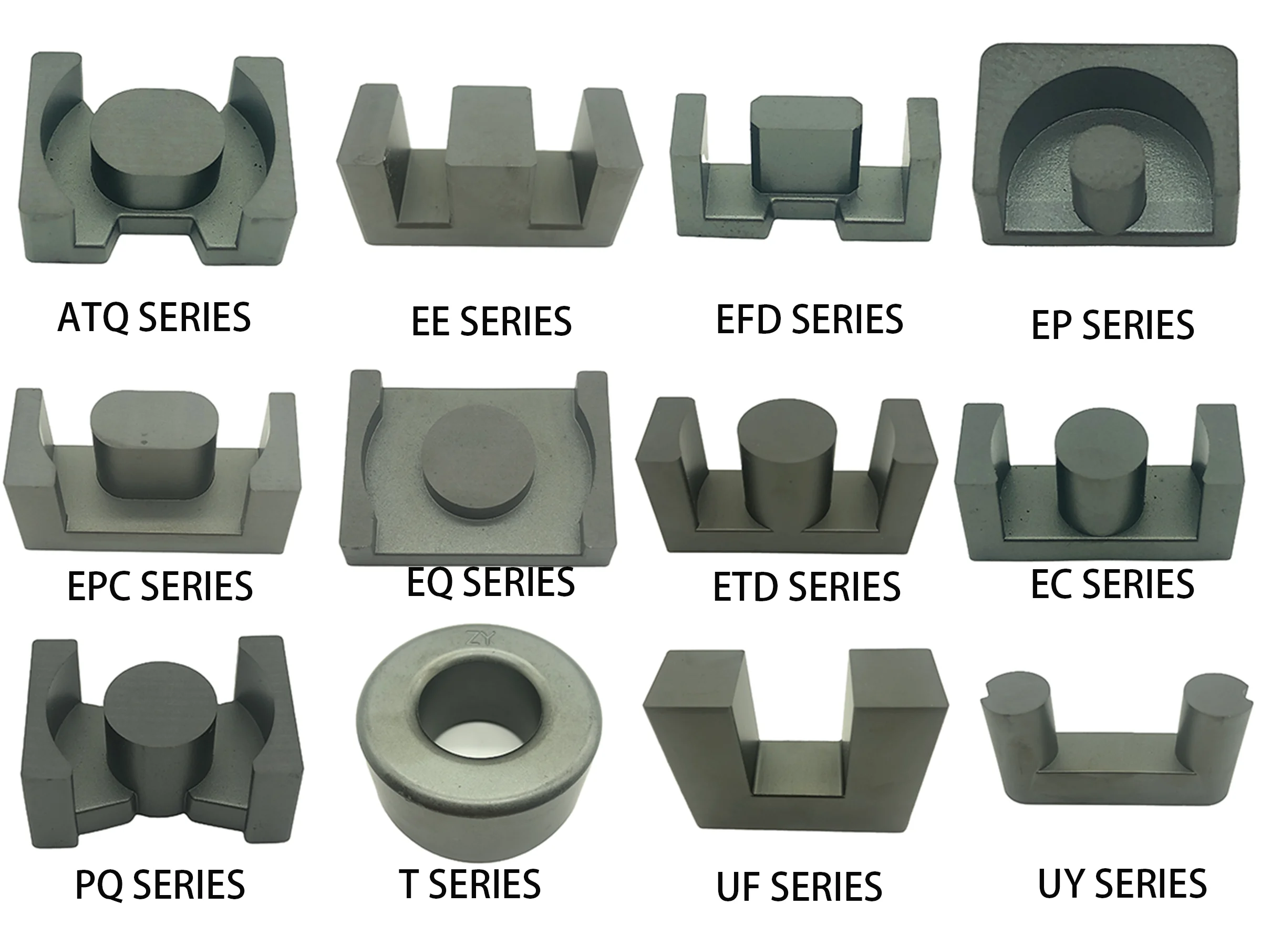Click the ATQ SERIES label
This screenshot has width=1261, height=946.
click(154, 318)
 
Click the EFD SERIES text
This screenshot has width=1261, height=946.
click(809, 320)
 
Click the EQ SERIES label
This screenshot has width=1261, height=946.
click(490, 582)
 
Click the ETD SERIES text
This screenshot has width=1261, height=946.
click(806, 588)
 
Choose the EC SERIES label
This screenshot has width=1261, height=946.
click(1112, 584)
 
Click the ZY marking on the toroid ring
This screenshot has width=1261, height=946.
click(480, 639)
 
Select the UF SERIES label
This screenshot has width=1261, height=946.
click(799, 887)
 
